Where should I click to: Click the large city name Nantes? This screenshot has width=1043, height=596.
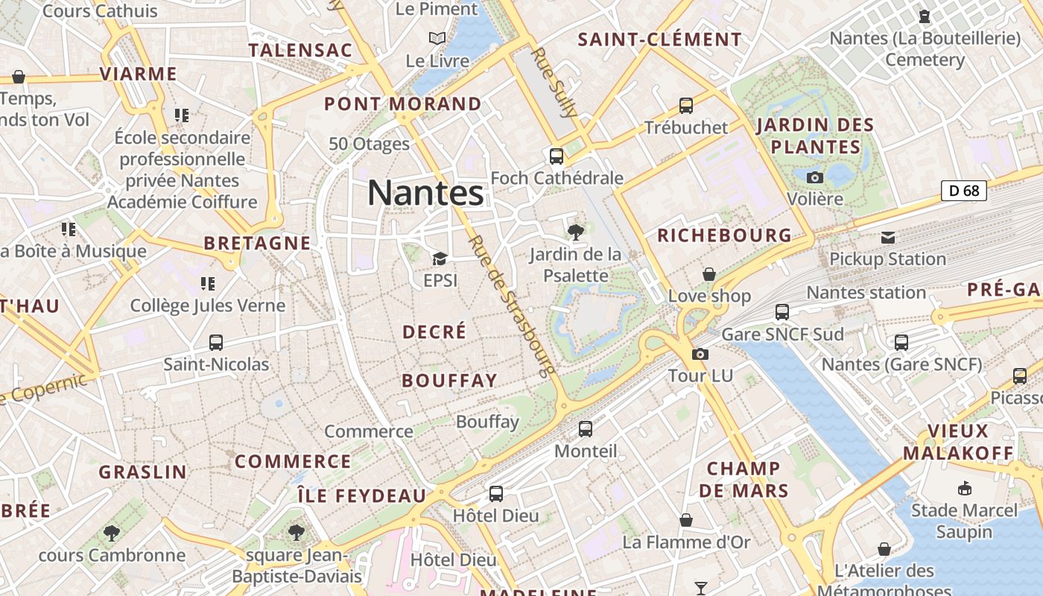(x=425, y=193)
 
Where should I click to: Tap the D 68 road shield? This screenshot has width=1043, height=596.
(x=963, y=191)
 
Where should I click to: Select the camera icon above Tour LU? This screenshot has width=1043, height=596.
(x=700, y=354)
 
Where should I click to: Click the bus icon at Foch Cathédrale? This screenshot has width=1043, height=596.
(x=556, y=156)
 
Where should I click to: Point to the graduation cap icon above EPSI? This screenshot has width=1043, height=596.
(x=440, y=259)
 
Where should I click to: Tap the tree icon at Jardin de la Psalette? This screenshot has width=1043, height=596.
(x=575, y=232)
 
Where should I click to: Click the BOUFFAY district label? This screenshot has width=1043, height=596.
(x=449, y=381)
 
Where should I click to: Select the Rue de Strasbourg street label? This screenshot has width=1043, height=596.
(x=512, y=305)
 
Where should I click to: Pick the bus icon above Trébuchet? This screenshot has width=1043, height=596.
(x=685, y=106)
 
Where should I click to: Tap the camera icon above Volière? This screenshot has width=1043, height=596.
(x=815, y=177)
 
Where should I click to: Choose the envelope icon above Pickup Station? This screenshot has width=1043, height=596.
(x=887, y=238)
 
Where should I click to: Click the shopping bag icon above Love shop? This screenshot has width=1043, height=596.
(x=709, y=274)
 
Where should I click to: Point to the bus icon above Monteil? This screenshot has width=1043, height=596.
(x=586, y=429)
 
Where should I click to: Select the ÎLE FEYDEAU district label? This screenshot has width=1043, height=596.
(x=362, y=495)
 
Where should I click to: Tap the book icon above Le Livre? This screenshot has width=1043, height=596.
(x=437, y=38)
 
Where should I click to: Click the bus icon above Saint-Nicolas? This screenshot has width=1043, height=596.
(x=216, y=343)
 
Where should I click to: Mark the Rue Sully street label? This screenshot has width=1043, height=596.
(x=555, y=83)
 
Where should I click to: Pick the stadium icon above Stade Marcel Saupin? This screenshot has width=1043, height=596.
(x=964, y=489)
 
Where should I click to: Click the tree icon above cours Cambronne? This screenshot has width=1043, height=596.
(x=112, y=533)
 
